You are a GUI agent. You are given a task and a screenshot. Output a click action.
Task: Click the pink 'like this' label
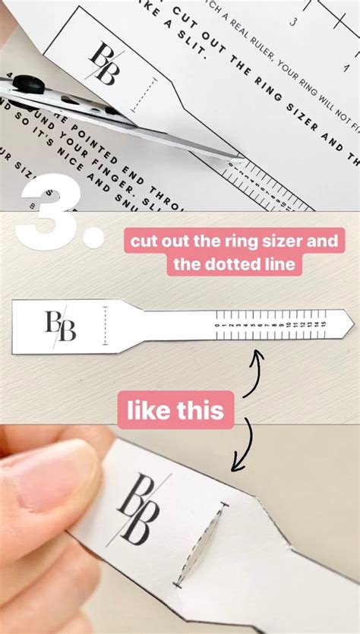tap(175, 411)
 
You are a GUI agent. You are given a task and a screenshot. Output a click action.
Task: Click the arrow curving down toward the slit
tap(244, 448)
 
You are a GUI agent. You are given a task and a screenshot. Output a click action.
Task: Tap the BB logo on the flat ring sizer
tap(61, 326)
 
